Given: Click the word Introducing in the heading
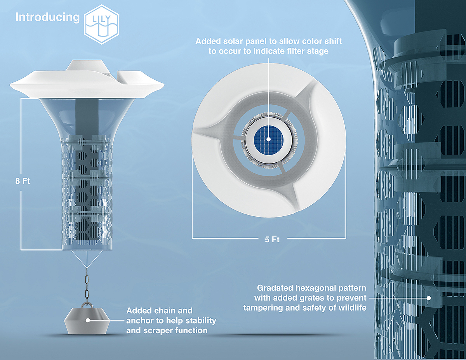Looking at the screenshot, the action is (x=47, y=17).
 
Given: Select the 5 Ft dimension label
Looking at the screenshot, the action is (x=272, y=240).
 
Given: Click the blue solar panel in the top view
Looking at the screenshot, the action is (x=268, y=139).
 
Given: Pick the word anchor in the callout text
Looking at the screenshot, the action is (x=138, y=321).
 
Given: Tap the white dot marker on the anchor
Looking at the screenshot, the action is (x=88, y=321).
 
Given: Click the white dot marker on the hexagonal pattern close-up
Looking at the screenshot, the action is (x=429, y=298).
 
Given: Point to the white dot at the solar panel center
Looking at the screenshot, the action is (x=268, y=139).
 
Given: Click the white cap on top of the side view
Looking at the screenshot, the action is (x=87, y=66).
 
